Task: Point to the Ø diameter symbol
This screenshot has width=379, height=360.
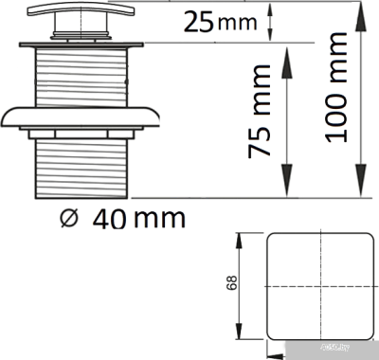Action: click(x=67, y=217)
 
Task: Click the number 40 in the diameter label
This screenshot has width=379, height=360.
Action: click(x=112, y=217)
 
